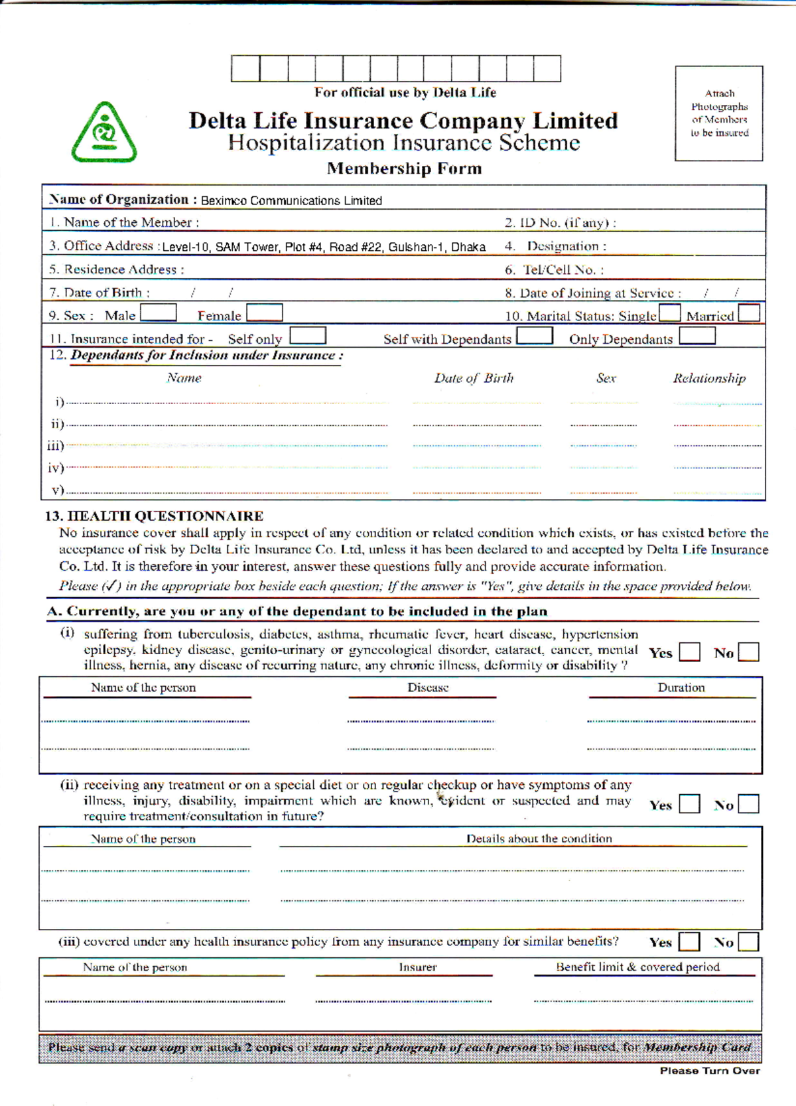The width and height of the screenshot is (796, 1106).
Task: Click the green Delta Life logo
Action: click(x=104, y=133)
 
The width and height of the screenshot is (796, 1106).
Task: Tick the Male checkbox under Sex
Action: click(x=159, y=312)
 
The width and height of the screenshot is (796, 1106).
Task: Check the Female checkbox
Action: click(x=265, y=312)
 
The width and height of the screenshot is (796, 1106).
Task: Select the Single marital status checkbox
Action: click(x=669, y=313)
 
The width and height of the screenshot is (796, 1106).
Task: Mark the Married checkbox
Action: click(x=749, y=313)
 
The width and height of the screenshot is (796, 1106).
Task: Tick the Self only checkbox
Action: click(x=308, y=336)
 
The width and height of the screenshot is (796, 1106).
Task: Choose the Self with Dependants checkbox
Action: click(x=535, y=336)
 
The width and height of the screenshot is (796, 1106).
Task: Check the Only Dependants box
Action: click(x=697, y=336)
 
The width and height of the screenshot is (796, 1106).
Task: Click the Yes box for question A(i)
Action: click(x=690, y=652)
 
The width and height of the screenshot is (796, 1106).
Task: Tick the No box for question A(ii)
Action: click(x=748, y=804)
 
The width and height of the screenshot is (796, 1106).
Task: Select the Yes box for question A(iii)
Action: click(x=690, y=941)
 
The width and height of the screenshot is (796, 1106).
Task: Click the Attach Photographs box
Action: click(x=719, y=113)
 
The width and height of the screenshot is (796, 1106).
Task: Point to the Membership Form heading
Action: click(x=404, y=169)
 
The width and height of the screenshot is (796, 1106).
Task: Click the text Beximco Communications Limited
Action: click(x=291, y=200)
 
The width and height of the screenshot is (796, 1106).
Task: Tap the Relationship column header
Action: click(x=709, y=378)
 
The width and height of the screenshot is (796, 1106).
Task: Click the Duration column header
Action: click(x=681, y=688)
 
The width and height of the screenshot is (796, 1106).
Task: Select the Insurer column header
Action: click(x=418, y=967)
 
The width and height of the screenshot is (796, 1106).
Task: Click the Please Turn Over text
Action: click(x=710, y=1070)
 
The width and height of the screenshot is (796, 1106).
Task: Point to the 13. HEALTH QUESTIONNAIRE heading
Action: click(x=154, y=516)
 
